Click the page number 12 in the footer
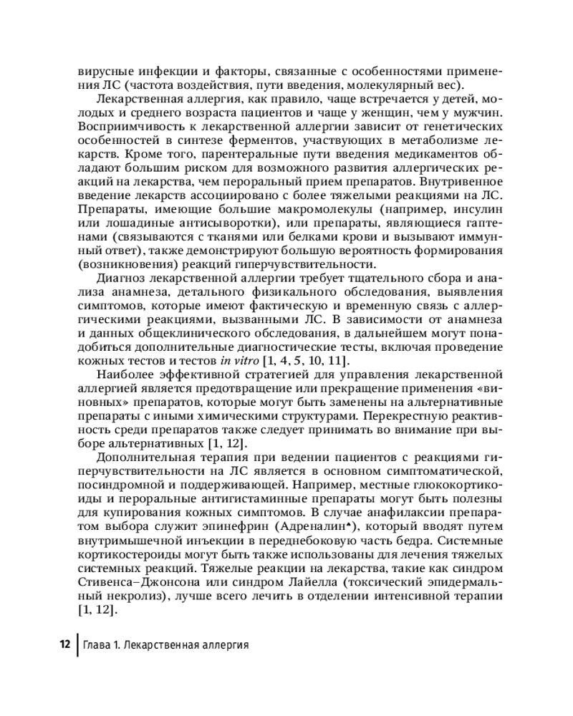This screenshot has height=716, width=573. tap(63, 644)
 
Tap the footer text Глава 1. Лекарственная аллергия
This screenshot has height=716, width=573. tap(165, 644)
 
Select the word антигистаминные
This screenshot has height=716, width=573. tap(284, 495)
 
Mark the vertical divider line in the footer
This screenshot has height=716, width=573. tap(77, 644)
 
